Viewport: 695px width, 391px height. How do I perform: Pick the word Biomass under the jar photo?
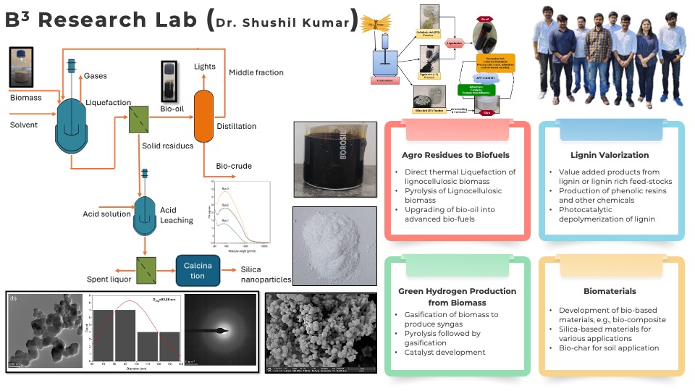click(26, 97)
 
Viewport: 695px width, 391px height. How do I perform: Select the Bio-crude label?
click(234, 166)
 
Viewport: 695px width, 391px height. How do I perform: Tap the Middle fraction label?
click(256, 72)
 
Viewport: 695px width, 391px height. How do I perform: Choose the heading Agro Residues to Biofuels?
click(456, 154)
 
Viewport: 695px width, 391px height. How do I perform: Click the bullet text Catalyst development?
click(445, 353)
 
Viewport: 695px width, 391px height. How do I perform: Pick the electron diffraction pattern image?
click(219, 332)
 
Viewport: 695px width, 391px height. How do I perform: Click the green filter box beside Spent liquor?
click(146, 266)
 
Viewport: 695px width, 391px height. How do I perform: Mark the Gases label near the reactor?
click(96, 76)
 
